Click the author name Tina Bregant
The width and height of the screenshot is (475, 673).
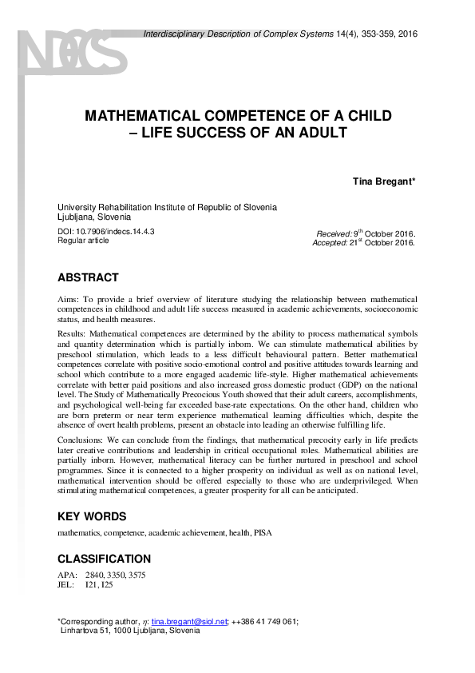[x=384, y=181]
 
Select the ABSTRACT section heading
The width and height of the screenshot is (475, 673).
[x=88, y=278]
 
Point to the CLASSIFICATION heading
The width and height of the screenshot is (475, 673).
[x=104, y=559]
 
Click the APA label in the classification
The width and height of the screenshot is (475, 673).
[x=67, y=575]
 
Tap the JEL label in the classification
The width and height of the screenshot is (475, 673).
[x=66, y=585]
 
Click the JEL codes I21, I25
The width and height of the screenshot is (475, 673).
[x=100, y=585]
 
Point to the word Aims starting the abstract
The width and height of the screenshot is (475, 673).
[x=69, y=297]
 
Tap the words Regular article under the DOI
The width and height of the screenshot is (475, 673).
[x=83, y=241]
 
